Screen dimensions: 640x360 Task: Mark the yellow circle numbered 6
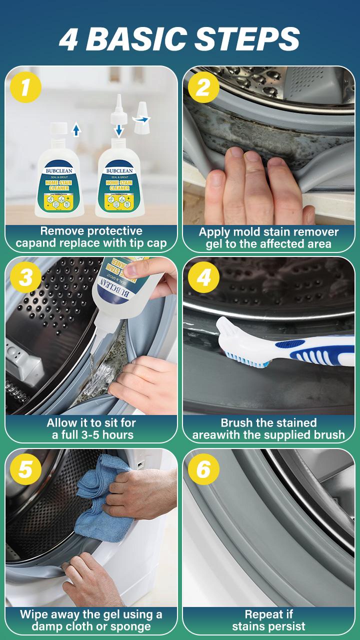(203, 469)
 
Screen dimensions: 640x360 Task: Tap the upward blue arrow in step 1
(76, 130)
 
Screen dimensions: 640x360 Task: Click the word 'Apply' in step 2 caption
(215, 231)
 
